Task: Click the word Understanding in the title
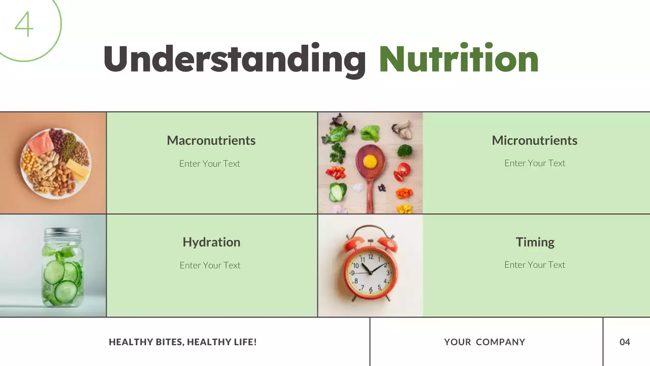point(235,59)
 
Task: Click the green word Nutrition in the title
point(459,59)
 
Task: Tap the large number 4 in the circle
point(24,24)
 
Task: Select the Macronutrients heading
point(211,140)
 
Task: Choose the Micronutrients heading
point(534,140)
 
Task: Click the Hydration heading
point(211,242)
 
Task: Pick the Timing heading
point(535,242)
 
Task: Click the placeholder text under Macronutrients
point(209,164)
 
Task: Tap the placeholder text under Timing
point(534,265)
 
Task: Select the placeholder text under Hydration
point(210,265)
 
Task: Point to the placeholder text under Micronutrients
point(534,163)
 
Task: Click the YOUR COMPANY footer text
point(484,342)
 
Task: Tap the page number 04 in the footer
point(625,342)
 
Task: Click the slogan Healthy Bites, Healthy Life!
point(183,342)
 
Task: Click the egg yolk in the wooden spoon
point(370,161)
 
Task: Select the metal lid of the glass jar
point(62,235)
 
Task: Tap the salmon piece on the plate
point(40,143)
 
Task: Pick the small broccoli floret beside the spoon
point(405,150)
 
